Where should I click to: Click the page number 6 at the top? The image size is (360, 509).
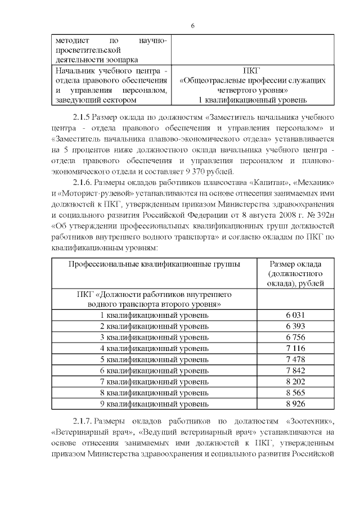192,26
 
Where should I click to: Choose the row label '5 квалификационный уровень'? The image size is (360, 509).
154,359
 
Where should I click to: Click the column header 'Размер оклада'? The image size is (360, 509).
295,264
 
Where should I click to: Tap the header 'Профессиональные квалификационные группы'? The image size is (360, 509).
154,264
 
